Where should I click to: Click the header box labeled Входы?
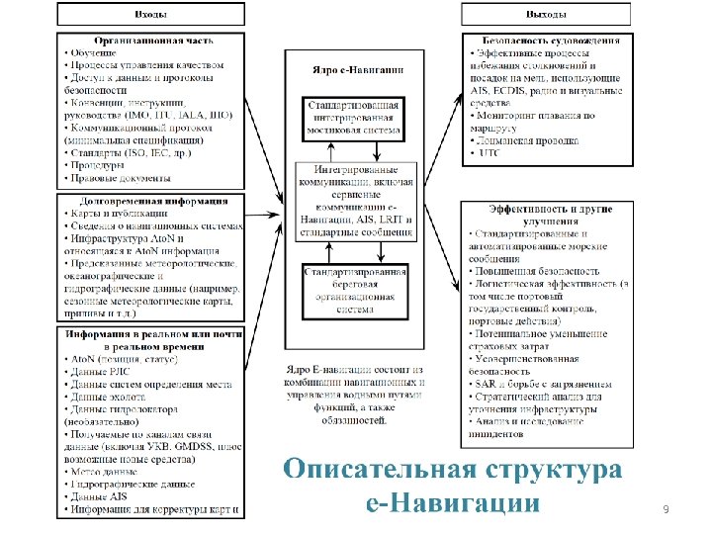150,15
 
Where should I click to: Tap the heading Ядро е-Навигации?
355,70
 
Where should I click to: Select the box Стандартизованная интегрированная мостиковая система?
354,117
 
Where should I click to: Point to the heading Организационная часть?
151,42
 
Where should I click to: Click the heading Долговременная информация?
151,201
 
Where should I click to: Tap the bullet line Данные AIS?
98,496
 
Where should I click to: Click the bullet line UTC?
489,153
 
